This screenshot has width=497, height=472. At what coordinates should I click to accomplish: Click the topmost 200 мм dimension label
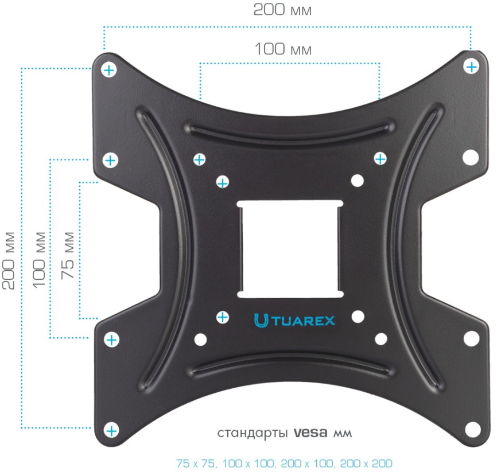[x=282, y=10]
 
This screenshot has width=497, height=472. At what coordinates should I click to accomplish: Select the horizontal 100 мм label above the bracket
[x=283, y=49]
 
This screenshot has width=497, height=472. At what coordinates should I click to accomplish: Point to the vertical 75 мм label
[x=68, y=255]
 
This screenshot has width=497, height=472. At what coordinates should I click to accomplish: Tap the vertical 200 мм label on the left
[x=9, y=260]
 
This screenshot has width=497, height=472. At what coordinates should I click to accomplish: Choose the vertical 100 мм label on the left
[x=39, y=260]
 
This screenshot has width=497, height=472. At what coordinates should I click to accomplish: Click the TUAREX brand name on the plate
[x=304, y=321]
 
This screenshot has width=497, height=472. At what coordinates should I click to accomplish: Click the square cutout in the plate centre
[x=290, y=249]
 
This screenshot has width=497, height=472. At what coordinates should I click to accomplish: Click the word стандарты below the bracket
[x=253, y=434]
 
